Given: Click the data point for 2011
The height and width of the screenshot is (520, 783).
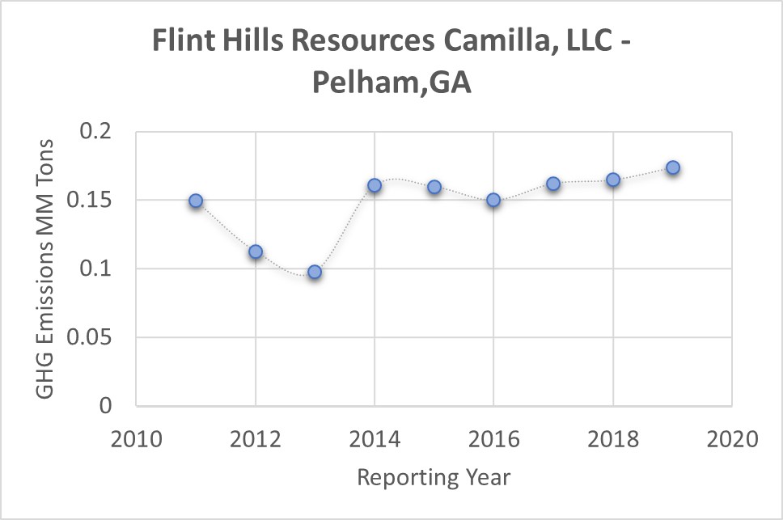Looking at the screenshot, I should pyautogui.click(x=196, y=201).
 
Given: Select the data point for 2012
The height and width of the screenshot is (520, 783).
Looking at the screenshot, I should pyautogui.click(x=256, y=252).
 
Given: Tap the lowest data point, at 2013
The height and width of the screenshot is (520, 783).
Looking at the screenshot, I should pyautogui.click(x=315, y=272).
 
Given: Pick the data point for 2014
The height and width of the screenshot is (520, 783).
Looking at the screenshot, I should pyautogui.click(x=375, y=185).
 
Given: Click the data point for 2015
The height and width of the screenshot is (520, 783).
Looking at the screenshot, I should pyautogui.click(x=434, y=187).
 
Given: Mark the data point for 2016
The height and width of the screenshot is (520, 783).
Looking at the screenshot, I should pyautogui.click(x=493, y=200).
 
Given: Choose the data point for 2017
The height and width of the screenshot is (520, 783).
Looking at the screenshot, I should pyautogui.click(x=553, y=184).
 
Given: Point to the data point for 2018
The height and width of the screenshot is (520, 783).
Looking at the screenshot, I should pyautogui.click(x=613, y=180).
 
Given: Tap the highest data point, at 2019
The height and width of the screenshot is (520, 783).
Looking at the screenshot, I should pyautogui.click(x=672, y=167).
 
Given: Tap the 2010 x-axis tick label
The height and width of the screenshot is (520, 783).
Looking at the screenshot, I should pyautogui.click(x=137, y=439).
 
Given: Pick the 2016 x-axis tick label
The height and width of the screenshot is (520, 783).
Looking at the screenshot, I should pyautogui.click(x=493, y=439).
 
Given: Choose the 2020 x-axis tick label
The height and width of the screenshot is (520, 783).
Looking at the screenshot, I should pyautogui.click(x=731, y=439).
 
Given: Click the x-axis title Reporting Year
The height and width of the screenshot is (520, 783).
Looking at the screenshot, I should pyautogui.click(x=434, y=477).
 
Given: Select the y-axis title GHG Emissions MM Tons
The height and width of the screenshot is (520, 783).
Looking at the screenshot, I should pyautogui.click(x=46, y=268).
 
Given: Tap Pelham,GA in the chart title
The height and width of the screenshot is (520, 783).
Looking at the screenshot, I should pyautogui.click(x=391, y=83).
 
